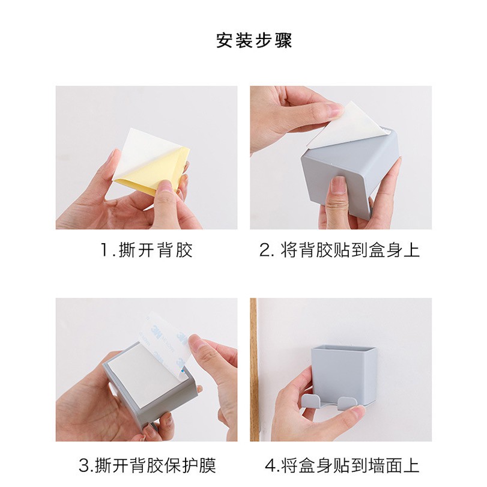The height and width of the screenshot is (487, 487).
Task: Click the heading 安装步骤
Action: [254, 41]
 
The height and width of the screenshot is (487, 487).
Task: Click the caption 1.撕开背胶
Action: [147, 250]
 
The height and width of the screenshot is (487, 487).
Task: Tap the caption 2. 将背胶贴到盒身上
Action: [339, 250]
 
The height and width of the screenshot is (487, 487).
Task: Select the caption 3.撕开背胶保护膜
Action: [147, 465]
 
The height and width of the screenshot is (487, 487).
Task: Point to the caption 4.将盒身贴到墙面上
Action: [342, 465]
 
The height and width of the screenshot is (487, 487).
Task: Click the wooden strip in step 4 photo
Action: [253, 369]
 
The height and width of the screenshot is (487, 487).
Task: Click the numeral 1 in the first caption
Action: [104, 250]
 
